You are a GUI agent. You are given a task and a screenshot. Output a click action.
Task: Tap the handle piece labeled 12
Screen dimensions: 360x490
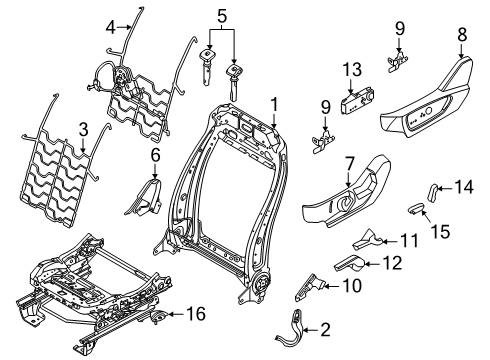point(347,263)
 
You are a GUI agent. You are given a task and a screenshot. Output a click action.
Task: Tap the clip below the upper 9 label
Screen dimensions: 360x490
point(400,61)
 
